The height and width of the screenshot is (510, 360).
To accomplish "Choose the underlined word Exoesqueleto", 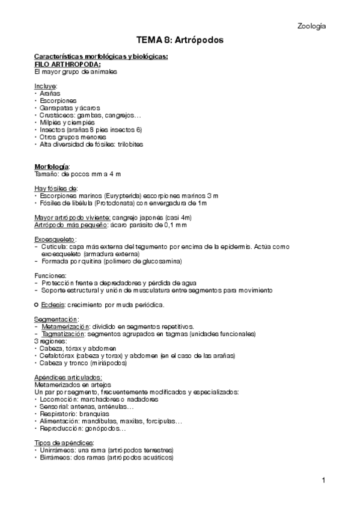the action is (55, 239).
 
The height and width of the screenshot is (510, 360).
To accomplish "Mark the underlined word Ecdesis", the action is (53, 305).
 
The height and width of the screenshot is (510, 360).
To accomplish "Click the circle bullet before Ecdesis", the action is (37, 305).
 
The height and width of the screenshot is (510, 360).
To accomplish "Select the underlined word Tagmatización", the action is (63, 334).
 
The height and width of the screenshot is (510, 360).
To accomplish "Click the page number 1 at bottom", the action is (323, 480).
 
